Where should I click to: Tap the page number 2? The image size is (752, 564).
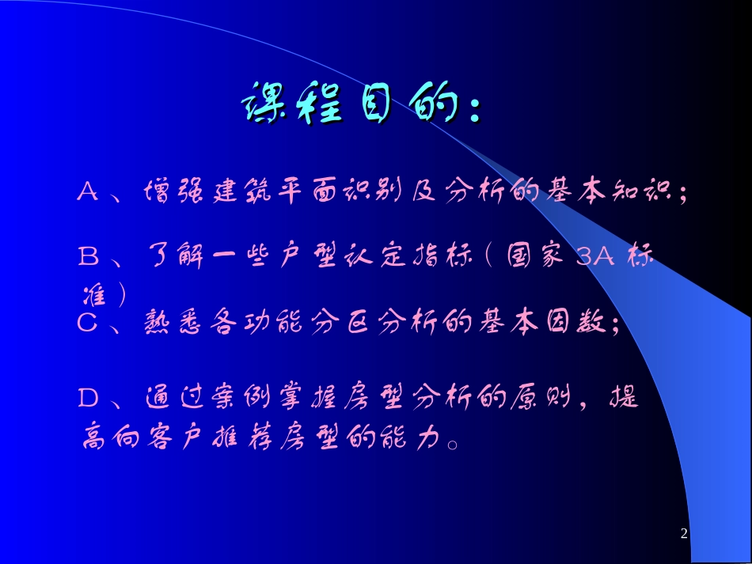pyautogui.click(x=684, y=534)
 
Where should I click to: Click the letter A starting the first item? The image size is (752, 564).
pyautogui.click(x=88, y=191)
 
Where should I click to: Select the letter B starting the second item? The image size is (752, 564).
pyautogui.click(x=88, y=256)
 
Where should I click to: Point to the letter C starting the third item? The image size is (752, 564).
pyautogui.click(x=87, y=322)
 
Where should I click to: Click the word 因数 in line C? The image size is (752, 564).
pyautogui.click(x=580, y=322)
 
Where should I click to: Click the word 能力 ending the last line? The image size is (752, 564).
pyautogui.click(x=412, y=437)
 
